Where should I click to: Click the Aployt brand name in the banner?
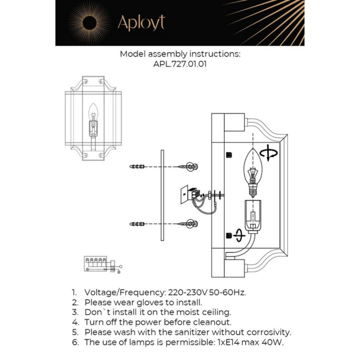click(x=141, y=23)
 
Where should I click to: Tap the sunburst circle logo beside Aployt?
click(x=89, y=23)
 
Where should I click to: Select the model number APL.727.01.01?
click(x=179, y=64)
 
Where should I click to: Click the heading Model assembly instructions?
click(x=179, y=54)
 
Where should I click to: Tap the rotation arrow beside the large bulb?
click(x=268, y=153)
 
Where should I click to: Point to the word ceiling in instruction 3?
click(x=214, y=312)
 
